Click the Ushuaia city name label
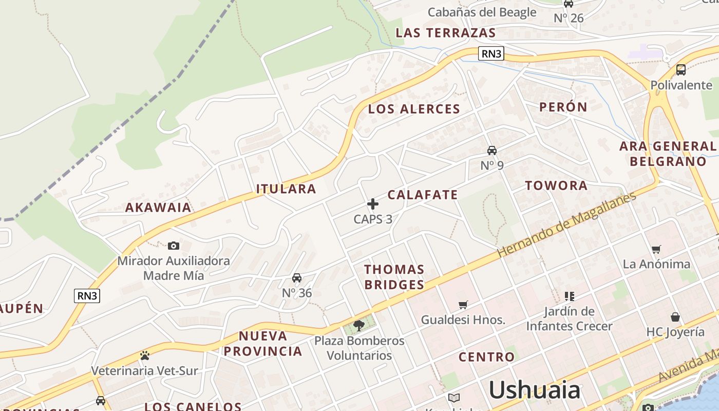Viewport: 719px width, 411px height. tap(534, 390)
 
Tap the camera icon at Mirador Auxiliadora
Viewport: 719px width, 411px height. tap(174, 246)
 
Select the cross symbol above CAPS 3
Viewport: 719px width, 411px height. tap(373, 204)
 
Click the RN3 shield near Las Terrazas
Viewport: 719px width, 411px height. tap(491, 53)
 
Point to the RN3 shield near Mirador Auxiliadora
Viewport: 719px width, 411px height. tap(87, 295)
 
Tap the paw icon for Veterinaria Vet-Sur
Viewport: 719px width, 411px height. tap(144, 356)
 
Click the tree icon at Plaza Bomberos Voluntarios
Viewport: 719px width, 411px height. tap(359, 325)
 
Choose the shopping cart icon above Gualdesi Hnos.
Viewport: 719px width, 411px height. tap(463, 305)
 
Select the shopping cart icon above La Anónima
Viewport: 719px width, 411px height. tap(656, 249)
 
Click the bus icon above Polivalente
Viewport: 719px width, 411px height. tap(681, 69)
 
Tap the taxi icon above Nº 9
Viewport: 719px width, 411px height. tap(492, 150)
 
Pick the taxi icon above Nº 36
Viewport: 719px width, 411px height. tap(297, 278)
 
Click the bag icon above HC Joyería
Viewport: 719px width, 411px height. tap(675, 317)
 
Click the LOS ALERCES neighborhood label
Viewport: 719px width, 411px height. tap(414, 109)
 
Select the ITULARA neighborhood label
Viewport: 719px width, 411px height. tap(286, 189)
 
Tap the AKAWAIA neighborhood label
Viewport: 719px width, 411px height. tap(158, 208)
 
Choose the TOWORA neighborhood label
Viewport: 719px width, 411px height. tap(556, 185)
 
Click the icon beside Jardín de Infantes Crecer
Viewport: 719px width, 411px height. tap(569, 296)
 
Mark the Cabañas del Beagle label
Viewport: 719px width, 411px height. tap(482, 12)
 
